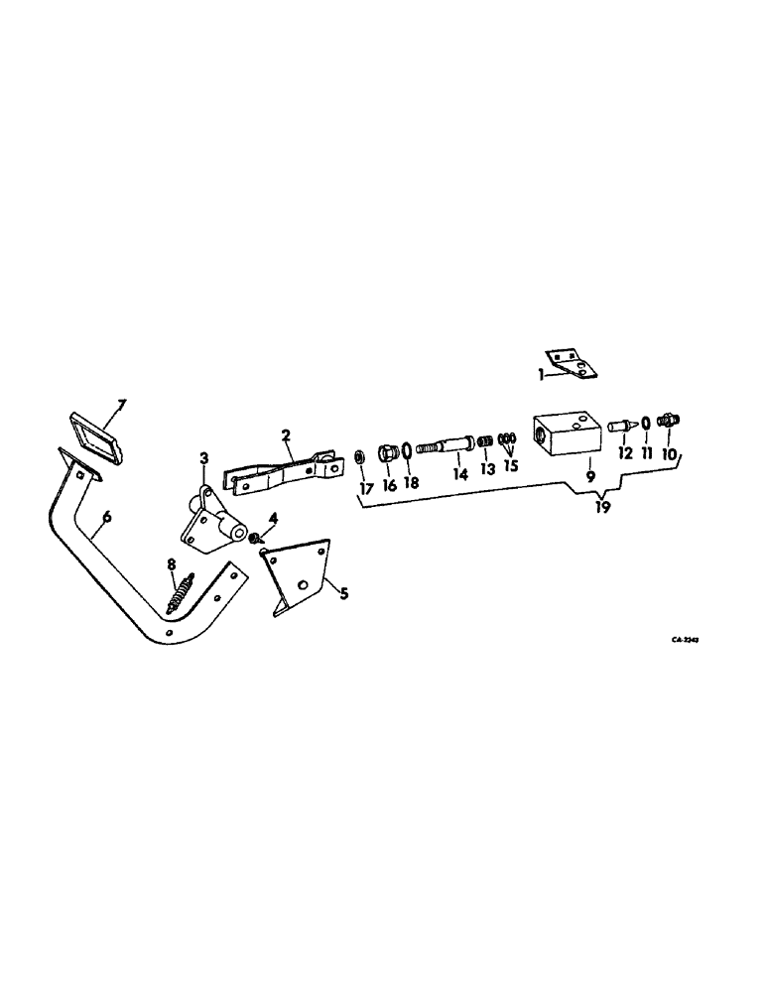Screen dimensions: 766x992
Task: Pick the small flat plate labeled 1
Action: click(x=571, y=365)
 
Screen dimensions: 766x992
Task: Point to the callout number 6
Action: click(x=107, y=515)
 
